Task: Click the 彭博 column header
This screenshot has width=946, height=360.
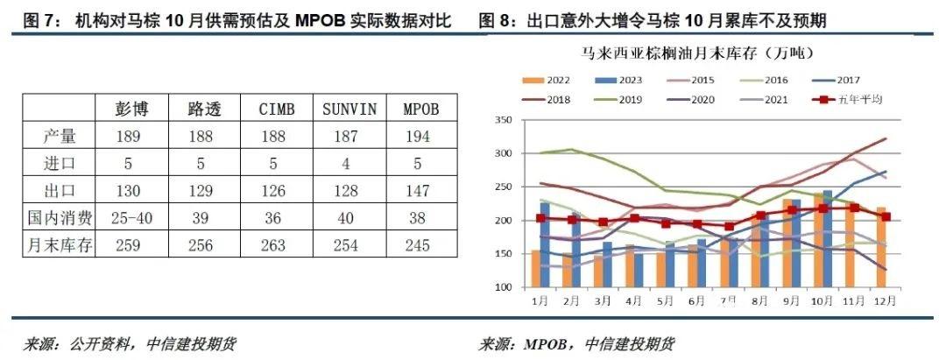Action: [x=131, y=109]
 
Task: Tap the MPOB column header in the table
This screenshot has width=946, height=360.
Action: [x=418, y=109]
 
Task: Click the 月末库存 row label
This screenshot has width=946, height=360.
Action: [x=59, y=245]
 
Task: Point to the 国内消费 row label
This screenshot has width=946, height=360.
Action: [x=59, y=218]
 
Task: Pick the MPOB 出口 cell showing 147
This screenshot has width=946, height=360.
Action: [x=418, y=191]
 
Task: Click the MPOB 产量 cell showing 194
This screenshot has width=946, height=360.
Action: [x=418, y=137]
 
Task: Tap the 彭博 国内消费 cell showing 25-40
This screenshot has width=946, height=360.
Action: [x=131, y=218]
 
